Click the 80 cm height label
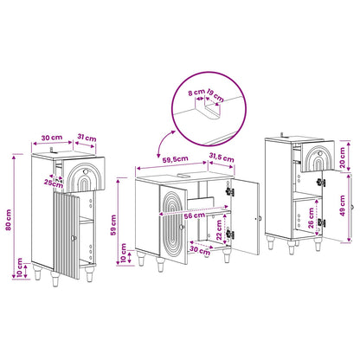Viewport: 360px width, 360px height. (9, 220)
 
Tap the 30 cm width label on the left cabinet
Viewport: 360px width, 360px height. (52, 138)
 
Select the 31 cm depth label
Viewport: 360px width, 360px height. (87, 138)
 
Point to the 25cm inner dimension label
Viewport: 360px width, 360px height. (54, 183)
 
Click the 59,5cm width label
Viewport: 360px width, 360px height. (175, 159)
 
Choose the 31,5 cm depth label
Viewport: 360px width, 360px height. (222, 157)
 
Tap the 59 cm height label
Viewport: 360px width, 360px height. (113, 225)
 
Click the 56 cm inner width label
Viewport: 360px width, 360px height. (195, 215)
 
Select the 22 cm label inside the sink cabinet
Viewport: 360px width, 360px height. (219, 230)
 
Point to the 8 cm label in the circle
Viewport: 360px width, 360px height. (196, 93)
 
